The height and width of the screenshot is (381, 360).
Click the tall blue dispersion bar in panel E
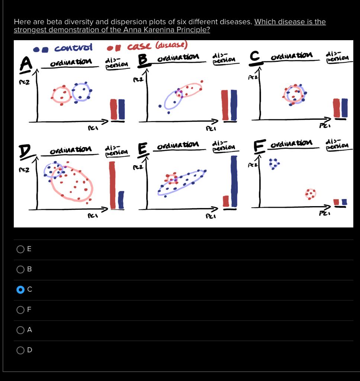click(234, 181)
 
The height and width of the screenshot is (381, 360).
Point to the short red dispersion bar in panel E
click(226, 201)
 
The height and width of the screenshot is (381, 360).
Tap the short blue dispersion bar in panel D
click(121, 200)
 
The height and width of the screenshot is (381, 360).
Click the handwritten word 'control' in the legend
click(73, 48)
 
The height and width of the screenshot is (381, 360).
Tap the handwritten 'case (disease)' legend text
click(157, 46)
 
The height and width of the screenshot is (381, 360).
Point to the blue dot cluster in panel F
click(274, 164)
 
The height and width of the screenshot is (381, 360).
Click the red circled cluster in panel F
click(310, 193)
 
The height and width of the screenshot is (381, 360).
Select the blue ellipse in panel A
click(81, 92)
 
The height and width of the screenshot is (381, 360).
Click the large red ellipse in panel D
click(72, 184)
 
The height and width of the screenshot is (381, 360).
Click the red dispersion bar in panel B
click(225, 105)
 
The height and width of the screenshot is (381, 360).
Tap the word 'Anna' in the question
click(132, 30)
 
